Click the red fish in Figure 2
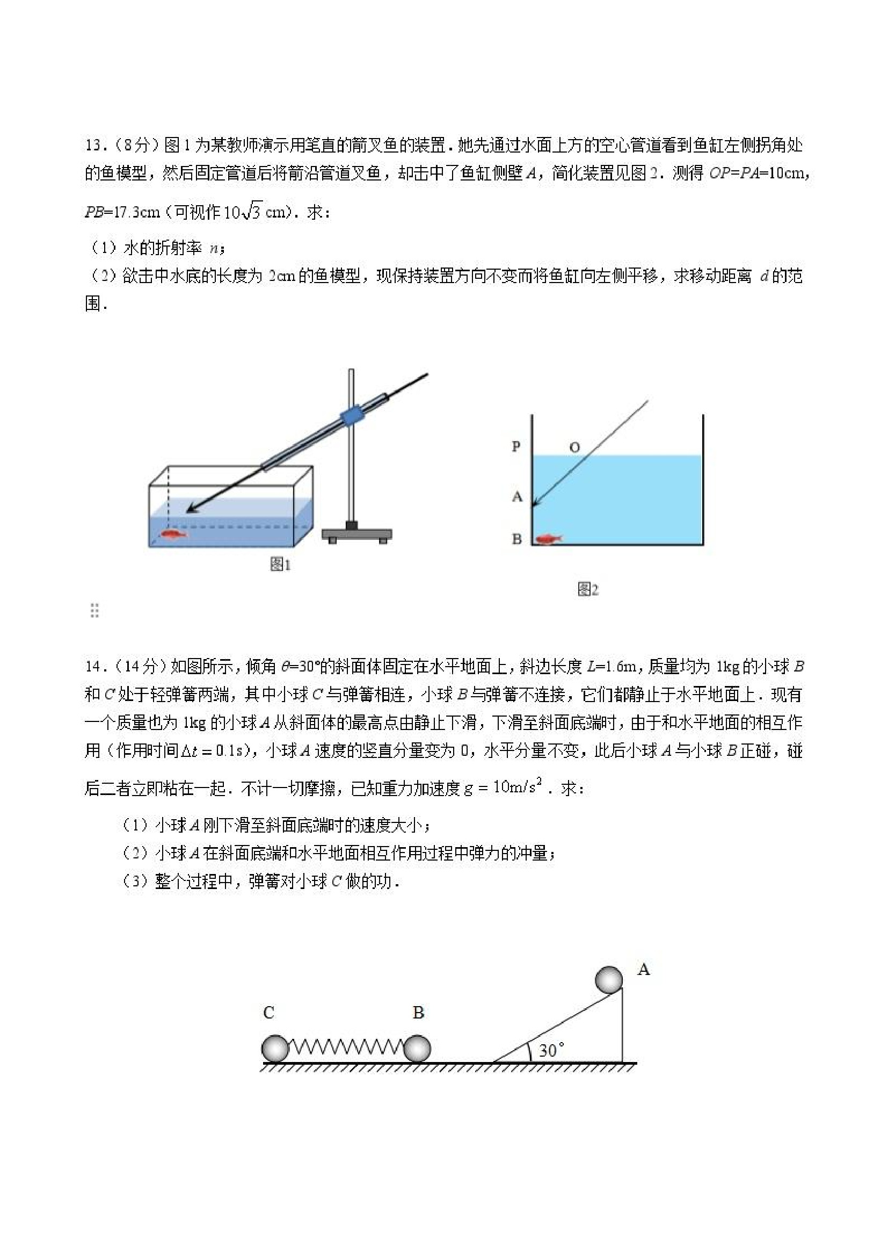(549, 539)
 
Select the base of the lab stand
(356, 534)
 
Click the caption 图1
(280, 565)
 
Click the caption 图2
(588, 590)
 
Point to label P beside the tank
(516, 446)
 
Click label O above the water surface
(574, 447)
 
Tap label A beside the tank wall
(517, 497)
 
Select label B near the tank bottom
(516, 539)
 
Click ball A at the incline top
(608, 980)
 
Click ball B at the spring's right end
(417, 1049)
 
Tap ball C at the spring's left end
(275, 1049)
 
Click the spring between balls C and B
(346, 1048)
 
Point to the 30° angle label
(551, 1050)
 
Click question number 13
(92, 146)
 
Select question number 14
(92, 667)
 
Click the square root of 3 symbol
(252, 211)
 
